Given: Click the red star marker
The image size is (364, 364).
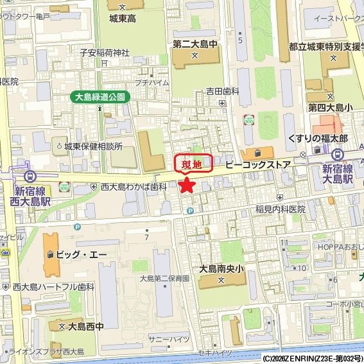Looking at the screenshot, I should (186, 186).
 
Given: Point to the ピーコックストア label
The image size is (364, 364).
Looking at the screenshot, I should (257, 166).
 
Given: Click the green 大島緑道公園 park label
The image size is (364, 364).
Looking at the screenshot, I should (100, 97).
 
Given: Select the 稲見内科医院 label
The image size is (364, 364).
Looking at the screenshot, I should (280, 209).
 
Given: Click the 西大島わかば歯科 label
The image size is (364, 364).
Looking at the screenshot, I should (134, 186).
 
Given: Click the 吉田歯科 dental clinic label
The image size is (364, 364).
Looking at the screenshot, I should (222, 92).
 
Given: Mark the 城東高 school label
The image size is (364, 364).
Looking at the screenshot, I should (123, 19).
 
